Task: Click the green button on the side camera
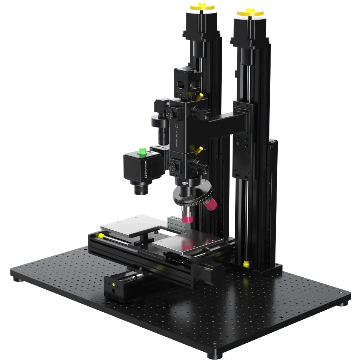tap(142, 151)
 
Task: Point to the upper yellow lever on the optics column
tap(201, 96)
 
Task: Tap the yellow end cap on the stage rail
tap(101, 236)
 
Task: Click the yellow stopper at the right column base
tap(246, 264)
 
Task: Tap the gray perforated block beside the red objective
tap(174, 222)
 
